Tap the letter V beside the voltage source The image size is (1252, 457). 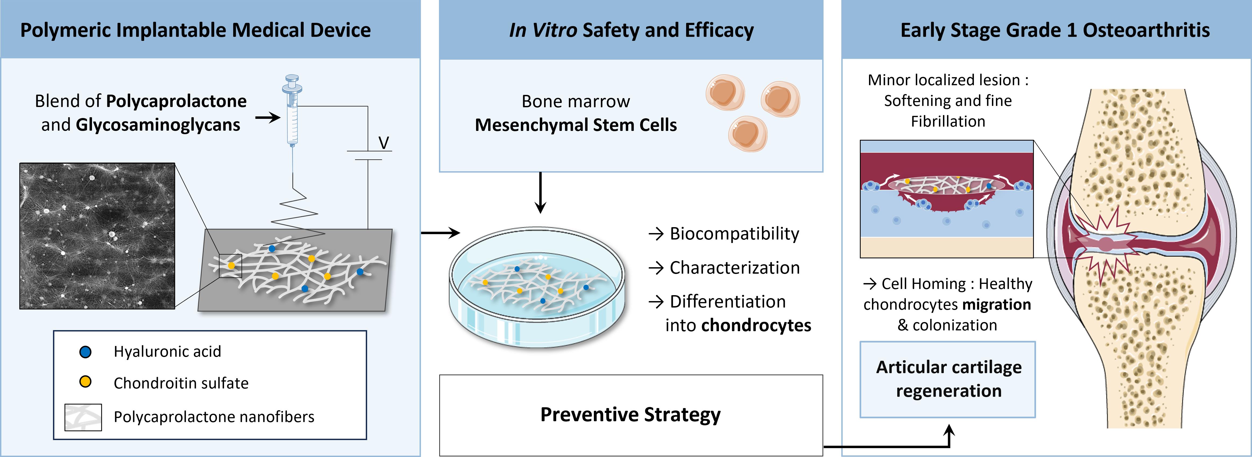384,143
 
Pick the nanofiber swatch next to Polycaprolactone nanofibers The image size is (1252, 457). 83,417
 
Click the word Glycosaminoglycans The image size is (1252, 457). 158,125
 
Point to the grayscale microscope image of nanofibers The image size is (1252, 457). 97,236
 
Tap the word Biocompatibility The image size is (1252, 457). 734,234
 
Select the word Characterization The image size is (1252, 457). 734,267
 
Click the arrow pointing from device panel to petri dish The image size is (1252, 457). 440,233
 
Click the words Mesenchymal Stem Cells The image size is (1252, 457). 576,125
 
